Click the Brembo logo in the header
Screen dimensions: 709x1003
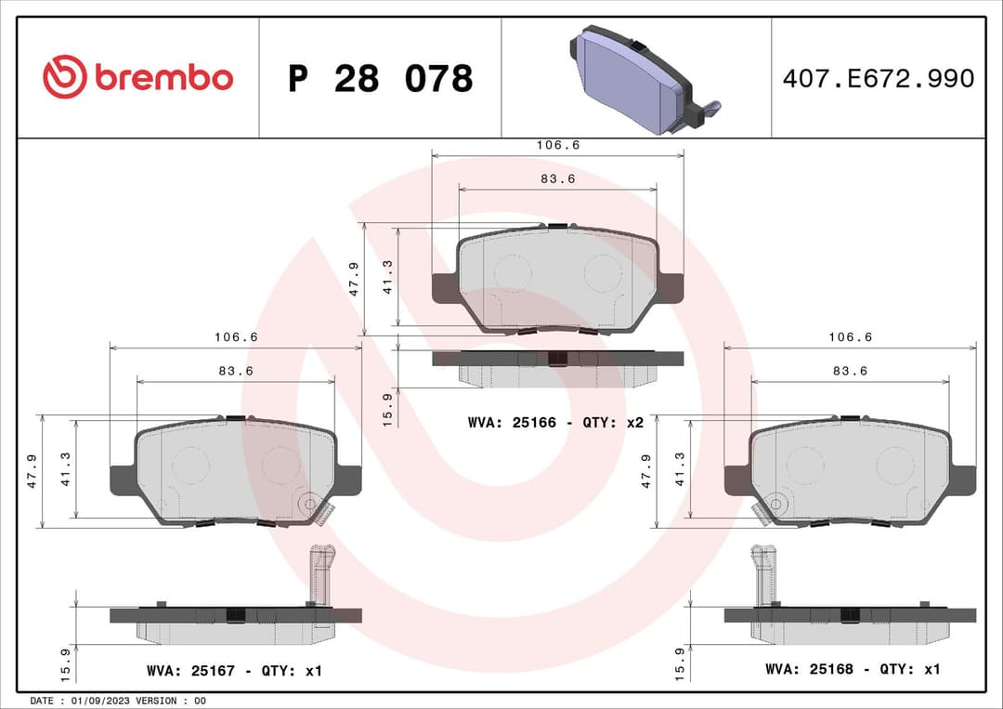[x=137, y=78]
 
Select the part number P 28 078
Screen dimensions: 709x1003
[x=380, y=79]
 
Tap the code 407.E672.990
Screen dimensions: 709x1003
[x=878, y=79]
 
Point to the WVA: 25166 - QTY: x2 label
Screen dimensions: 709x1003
[x=555, y=422]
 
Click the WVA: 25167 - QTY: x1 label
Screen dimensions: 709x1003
[x=234, y=670]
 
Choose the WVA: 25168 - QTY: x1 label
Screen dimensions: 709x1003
[x=853, y=669]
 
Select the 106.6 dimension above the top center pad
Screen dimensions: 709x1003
[x=557, y=146]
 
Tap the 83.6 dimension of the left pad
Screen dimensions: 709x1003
[x=236, y=371]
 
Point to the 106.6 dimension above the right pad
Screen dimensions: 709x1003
[x=850, y=338]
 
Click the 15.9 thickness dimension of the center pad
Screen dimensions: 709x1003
[x=388, y=403]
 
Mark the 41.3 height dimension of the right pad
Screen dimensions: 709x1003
[x=679, y=469]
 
